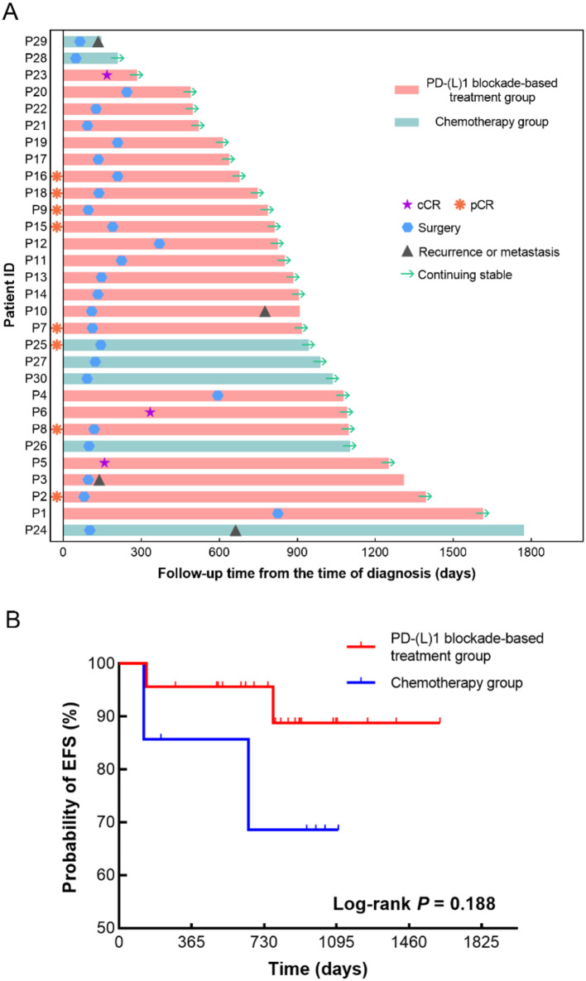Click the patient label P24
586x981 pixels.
(x=36, y=530)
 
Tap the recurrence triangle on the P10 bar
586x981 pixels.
(x=265, y=311)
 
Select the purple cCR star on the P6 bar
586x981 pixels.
(x=150, y=412)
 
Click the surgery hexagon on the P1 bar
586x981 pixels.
(x=277, y=514)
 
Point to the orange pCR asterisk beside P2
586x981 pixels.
(x=56, y=496)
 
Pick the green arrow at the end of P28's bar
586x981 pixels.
(x=118, y=58)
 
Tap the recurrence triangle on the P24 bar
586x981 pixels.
(x=235, y=530)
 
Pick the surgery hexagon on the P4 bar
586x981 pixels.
(x=218, y=395)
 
